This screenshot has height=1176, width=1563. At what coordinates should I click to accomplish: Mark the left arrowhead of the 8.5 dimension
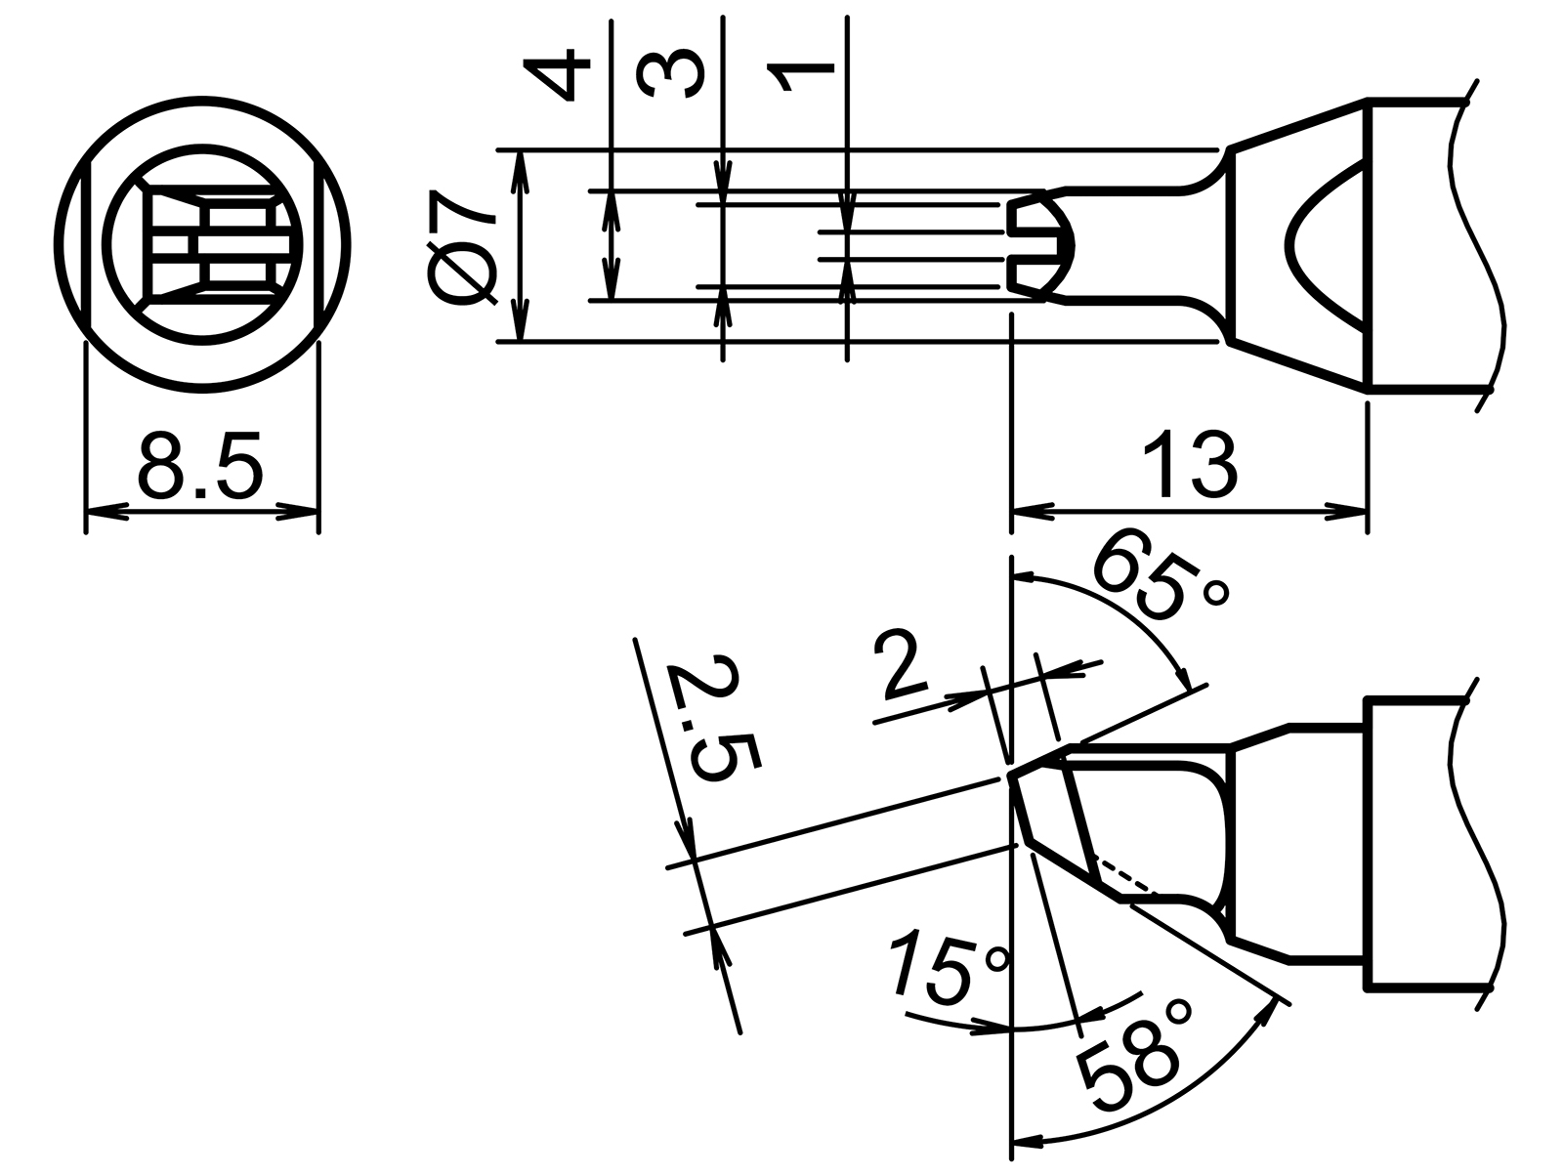point(103,510)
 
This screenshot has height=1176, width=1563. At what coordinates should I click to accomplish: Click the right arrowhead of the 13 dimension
point(1348,510)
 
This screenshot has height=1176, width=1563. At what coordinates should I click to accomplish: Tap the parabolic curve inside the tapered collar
point(1309,245)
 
